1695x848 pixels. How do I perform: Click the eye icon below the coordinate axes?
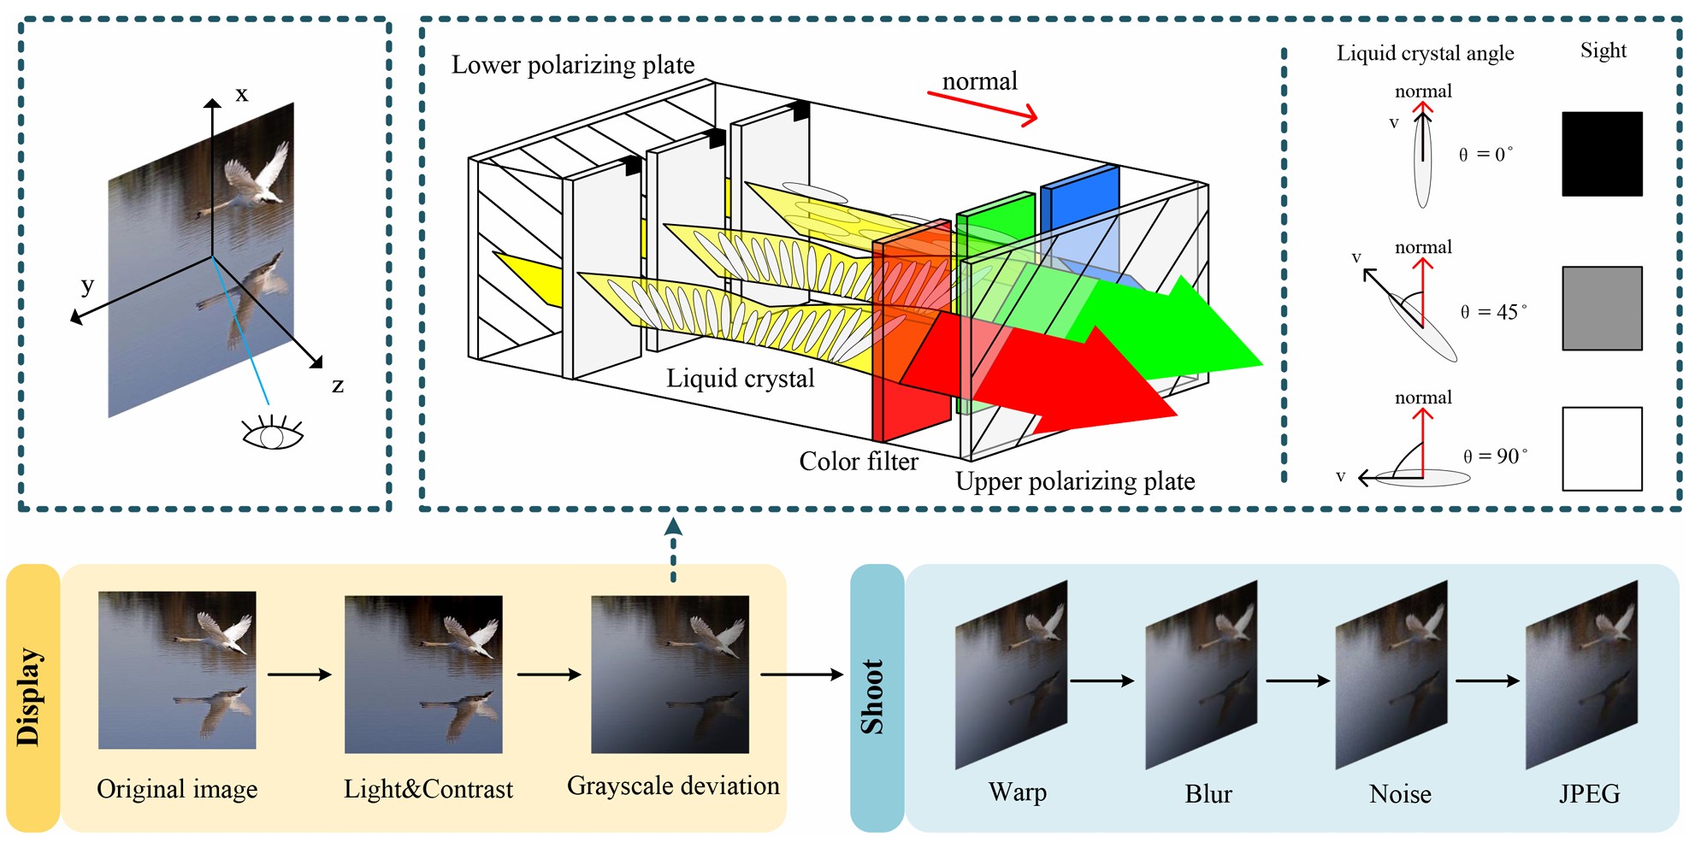coord(273,433)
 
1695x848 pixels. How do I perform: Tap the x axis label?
coord(242,93)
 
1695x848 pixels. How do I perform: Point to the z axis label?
coord(338,386)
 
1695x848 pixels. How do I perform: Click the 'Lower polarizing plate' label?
coord(572,65)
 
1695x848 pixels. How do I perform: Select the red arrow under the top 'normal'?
coord(983,108)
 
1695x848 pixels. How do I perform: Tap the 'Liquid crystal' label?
coord(740,379)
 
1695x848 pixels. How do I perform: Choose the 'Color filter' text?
coord(858,462)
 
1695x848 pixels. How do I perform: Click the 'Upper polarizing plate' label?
coord(1075,481)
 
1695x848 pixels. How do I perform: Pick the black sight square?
coord(1602,154)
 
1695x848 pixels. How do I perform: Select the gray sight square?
coord(1602,309)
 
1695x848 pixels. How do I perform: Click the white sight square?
coord(1602,449)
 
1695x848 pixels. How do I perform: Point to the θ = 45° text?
coord(1493,312)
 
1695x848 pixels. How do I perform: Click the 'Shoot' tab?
coord(876,698)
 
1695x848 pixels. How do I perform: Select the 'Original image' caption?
coord(177,789)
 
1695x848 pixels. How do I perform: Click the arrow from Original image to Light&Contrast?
coord(299,674)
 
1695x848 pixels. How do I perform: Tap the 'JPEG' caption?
coord(1589,794)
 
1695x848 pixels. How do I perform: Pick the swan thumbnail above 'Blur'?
coord(1202,674)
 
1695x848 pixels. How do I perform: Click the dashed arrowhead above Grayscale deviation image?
coord(673,525)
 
